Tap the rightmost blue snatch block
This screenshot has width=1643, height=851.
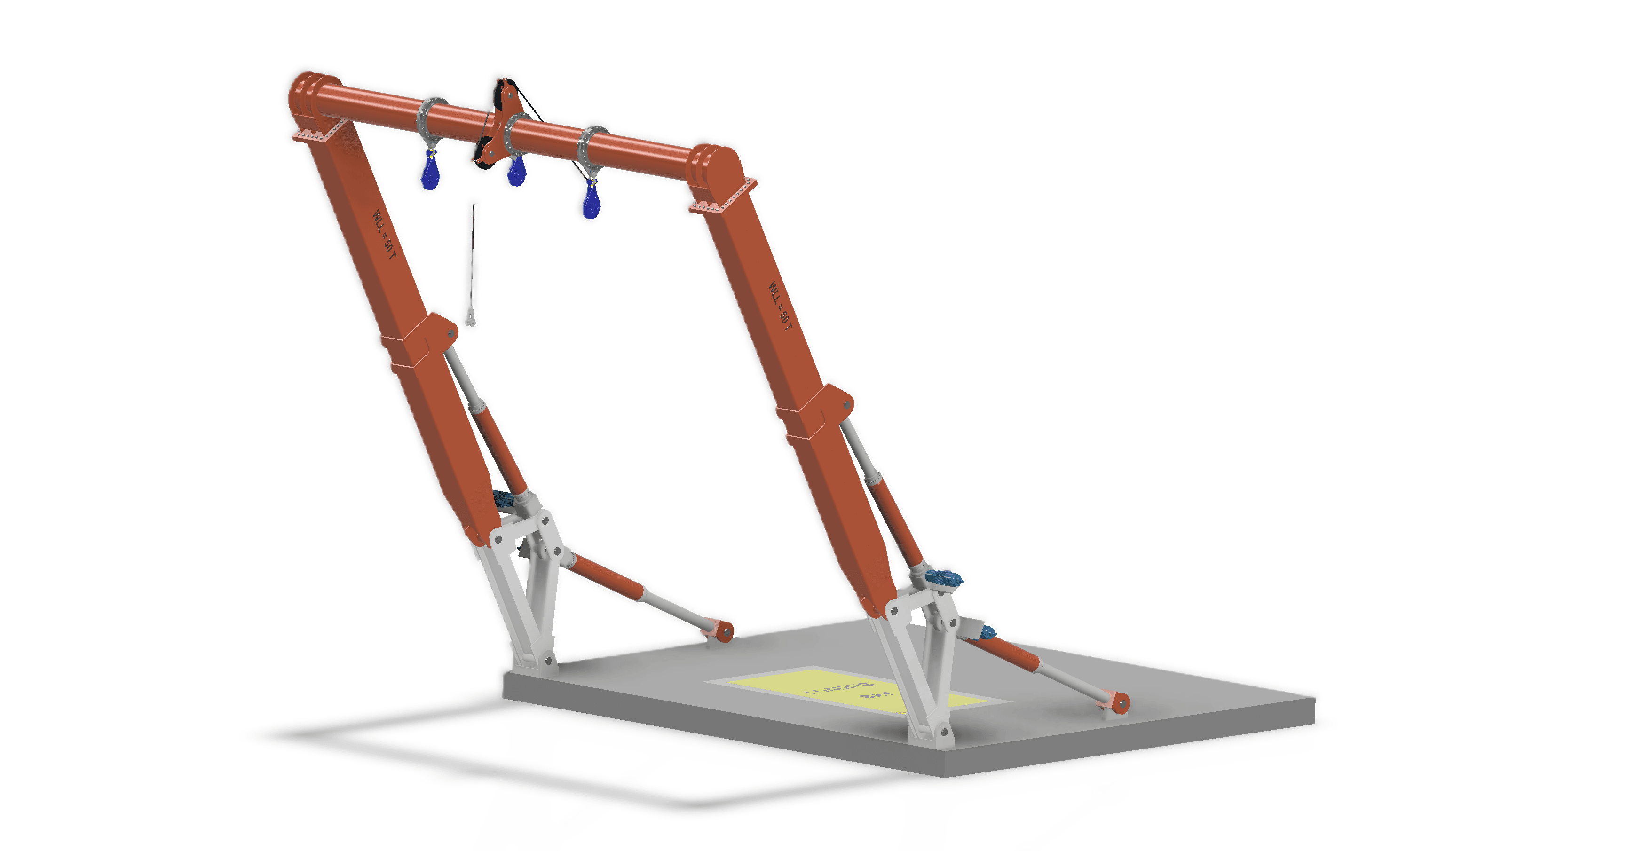[591, 203]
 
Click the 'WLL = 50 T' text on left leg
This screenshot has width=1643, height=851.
[384, 234]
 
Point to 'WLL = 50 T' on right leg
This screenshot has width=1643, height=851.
[779, 306]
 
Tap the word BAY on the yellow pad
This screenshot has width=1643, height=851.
[877, 694]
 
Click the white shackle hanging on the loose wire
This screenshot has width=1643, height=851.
[471, 316]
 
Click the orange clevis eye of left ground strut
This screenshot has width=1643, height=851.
[726, 631]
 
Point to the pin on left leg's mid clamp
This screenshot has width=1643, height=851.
[451, 332]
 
